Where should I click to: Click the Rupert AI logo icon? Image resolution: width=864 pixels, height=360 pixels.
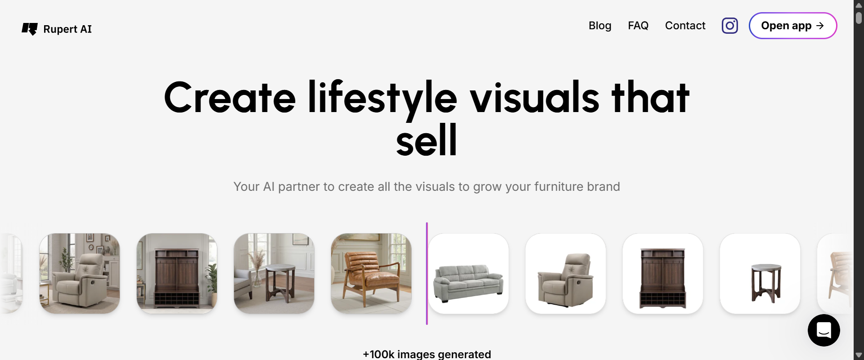[x=30, y=29]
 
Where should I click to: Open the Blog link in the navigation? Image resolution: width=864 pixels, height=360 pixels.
[x=600, y=26]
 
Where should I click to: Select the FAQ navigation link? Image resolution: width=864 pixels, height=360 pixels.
[x=638, y=26]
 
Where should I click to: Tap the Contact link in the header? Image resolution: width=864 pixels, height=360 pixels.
[x=685, y=26]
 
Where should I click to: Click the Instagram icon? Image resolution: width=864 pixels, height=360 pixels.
[x=730, y=26]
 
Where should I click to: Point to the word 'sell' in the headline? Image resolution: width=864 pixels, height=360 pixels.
[x=427, y=140]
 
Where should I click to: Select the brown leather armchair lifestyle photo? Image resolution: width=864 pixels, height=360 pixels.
[x=371, y=273]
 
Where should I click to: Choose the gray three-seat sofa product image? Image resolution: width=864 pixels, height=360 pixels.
[x=468, y=273]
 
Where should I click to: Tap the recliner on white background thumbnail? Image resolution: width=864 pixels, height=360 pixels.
[x=566, y=273]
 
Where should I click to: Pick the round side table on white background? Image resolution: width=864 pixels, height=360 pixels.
[x=760, y=273]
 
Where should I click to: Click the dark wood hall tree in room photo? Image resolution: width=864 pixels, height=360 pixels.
[x=177, y=273]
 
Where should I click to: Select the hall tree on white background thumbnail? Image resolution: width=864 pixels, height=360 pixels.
[x=663, y=273]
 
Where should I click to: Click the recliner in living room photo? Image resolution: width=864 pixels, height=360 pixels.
[x=80, y=273]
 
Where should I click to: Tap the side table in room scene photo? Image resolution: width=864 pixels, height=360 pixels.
[x=274, y=273]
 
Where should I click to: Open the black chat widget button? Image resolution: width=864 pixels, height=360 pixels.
[x=824, y=330]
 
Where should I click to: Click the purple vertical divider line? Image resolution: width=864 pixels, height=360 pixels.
[x=427, y=273]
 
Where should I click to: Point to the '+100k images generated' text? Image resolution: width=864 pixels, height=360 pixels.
[x=427, y=354]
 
